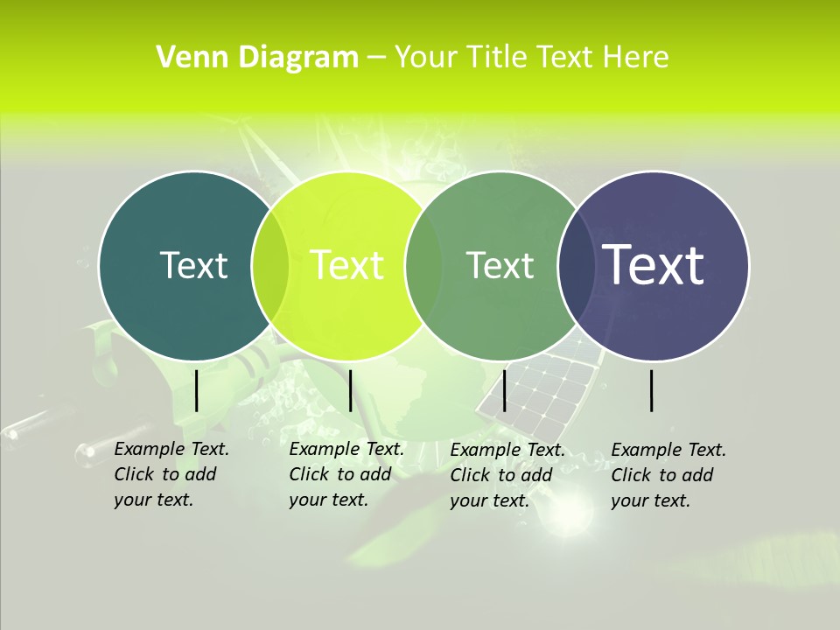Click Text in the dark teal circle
pyautogui.click(x=193, y=265)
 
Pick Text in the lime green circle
pyautogui.click(x=347, y=265)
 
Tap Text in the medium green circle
pyautogui.click(x=500, y=265)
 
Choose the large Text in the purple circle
pyautogui.click(x=654, y=264)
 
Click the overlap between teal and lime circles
pyautogui.click(x=270, y=266)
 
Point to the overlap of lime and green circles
pyautogui.click(x=423, y=266)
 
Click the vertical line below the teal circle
pyautogui.click(x=197, y=390)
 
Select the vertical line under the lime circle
pyautogui.click(x=350, y=390)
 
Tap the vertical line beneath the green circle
pyautogui.click(x=505, y=390)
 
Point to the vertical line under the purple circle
pyautogui.click(x=652, y=390)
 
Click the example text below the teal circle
pyautogui.click(x=171, y=474)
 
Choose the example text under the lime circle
pyautogui.click(x=346, y=474)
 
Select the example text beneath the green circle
pyautogui.click(x=507, y=475)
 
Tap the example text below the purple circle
pyautogui.click(x=668, y=475)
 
